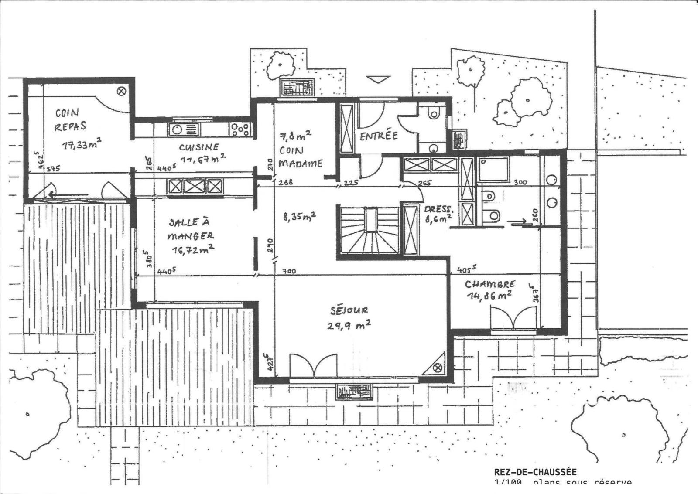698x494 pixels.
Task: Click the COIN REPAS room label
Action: (70, 119)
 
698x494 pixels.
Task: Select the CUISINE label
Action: (199, 147)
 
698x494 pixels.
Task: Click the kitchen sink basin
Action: (178, 129)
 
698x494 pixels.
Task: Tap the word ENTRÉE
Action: (378, 136)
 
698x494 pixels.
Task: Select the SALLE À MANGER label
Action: (191, 230)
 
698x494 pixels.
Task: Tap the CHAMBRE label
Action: (490, 284)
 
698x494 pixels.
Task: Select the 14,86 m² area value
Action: (489, 296)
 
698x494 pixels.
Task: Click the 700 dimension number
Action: (289, 272)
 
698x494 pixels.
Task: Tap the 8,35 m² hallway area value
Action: (300, 217)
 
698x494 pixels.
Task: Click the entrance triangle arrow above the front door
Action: (378, 79)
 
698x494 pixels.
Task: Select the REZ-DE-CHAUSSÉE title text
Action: (535, 472)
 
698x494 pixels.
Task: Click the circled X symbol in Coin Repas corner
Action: (122, 91)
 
